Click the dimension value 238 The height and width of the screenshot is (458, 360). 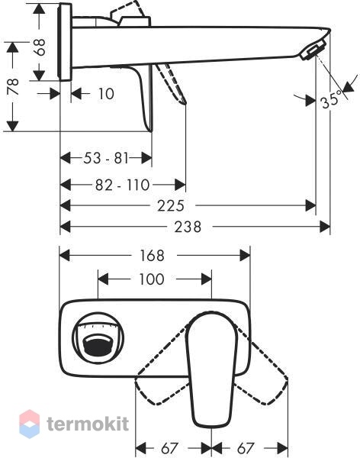[188, 227]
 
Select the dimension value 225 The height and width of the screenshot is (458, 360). [171, 206]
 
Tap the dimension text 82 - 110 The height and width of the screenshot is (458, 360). [122, 185]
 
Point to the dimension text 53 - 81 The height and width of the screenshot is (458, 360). [106, 158]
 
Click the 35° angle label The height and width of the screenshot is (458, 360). [331, 99]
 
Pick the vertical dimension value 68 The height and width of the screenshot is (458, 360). [40, 47]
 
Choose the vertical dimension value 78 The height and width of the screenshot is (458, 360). [13, 86]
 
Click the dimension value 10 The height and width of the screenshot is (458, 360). [106, 94]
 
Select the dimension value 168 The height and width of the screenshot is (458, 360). [152, 256]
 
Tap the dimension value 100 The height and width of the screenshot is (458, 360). [152, 279]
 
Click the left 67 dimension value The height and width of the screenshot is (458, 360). [169, 448]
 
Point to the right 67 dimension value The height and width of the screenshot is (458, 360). [246, 448]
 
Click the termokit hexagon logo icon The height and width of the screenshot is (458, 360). [29, 424]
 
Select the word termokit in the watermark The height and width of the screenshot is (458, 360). [88, 424]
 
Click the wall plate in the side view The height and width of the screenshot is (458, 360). [66, 42]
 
